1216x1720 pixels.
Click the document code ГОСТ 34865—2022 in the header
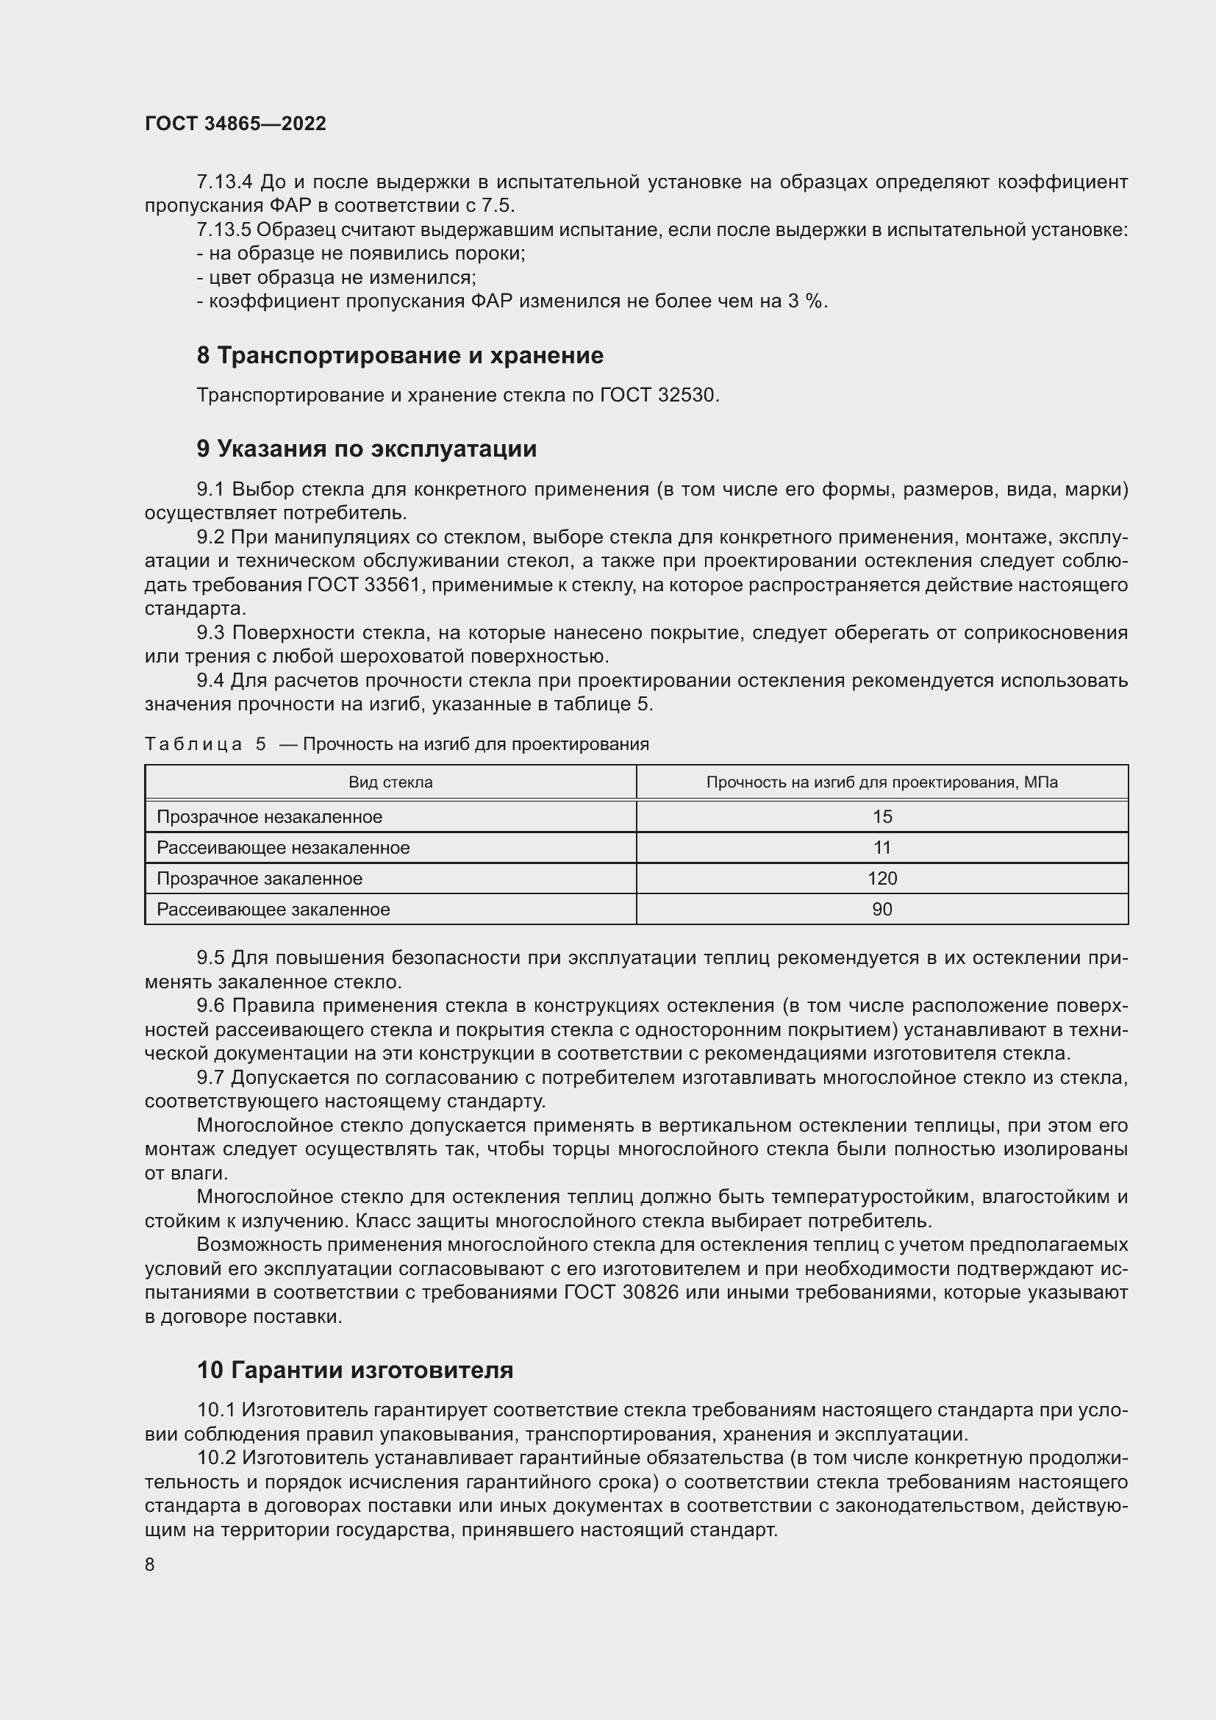235,124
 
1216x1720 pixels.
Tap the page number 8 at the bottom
150,1564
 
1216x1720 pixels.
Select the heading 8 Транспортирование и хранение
400,355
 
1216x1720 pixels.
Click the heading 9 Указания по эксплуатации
367,449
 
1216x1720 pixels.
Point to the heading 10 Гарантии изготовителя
355,1370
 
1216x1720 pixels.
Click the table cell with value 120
882,879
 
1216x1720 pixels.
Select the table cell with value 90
882,910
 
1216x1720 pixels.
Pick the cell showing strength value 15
882,816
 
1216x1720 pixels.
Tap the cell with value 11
882,848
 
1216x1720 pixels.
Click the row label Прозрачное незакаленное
270,816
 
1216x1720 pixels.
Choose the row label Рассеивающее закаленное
273,910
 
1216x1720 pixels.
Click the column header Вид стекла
390,783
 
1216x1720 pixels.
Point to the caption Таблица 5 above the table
205,744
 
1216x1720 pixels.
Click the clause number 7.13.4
225,182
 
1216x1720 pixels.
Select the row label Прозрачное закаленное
259,879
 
